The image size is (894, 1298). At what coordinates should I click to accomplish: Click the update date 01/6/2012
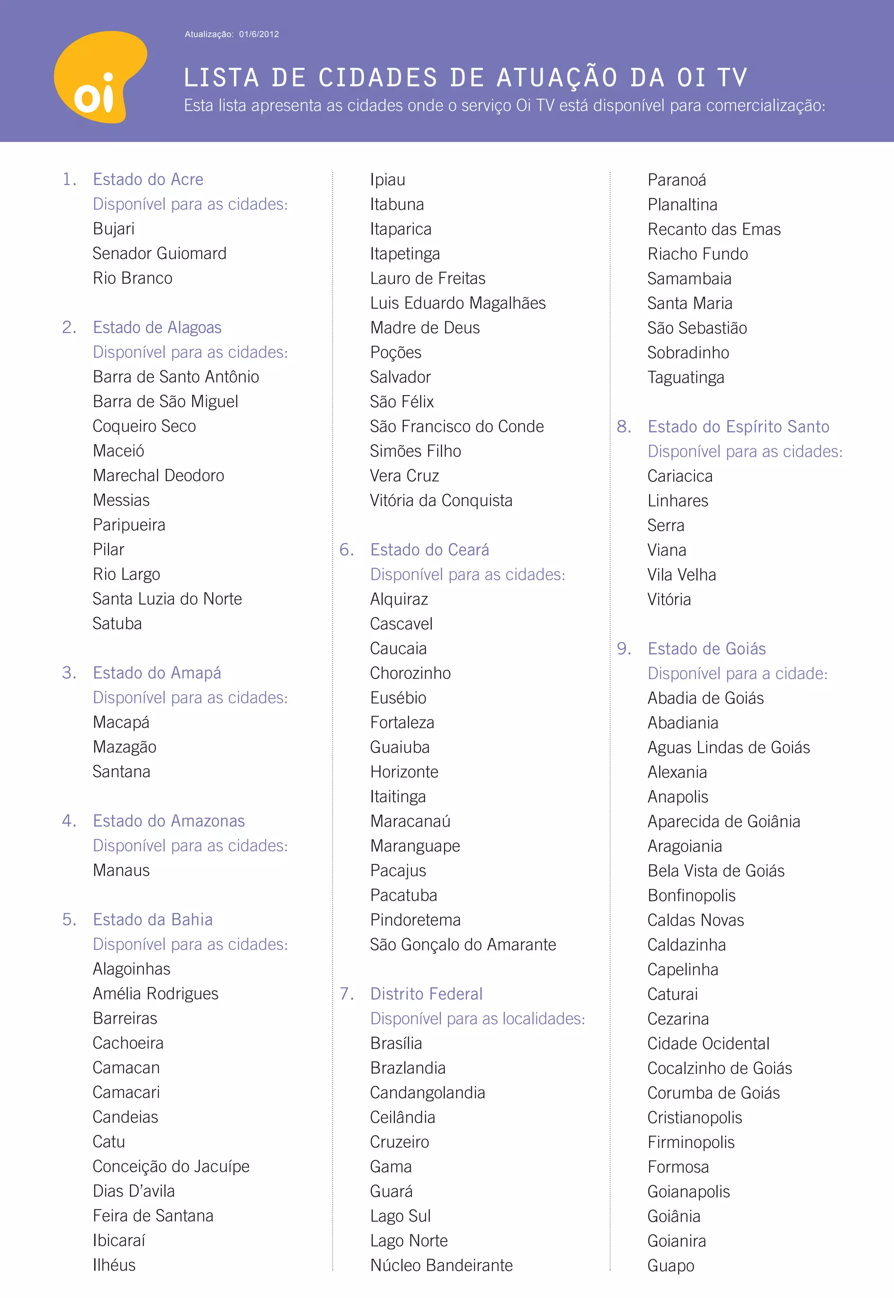coord(259,34)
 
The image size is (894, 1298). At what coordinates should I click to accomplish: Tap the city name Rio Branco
coord(133,279)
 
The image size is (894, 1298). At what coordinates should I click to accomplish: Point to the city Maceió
coord(119,451)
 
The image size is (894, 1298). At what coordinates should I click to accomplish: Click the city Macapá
coord(121,722)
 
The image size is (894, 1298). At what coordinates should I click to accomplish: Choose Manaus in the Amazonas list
coord(121,870)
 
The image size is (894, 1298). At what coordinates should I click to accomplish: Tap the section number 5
coord(69,919)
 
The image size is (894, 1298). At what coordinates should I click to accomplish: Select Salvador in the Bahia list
coord(400,377)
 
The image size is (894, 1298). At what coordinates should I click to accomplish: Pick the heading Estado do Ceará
coord(430,550)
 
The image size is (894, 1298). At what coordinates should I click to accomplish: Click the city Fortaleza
coord(402,723)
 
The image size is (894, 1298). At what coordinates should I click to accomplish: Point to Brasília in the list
coord(396,1043)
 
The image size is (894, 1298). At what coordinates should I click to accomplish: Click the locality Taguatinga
coord(686,378)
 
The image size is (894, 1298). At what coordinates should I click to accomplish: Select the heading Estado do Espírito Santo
coord(738,427)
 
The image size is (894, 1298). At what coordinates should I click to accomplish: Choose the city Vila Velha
coord(682,575)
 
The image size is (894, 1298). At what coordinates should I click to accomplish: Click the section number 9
coord(623,649)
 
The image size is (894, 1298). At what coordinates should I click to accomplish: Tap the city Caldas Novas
coord(696,920)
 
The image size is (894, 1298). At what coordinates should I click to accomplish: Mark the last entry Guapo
coord(670,1266)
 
